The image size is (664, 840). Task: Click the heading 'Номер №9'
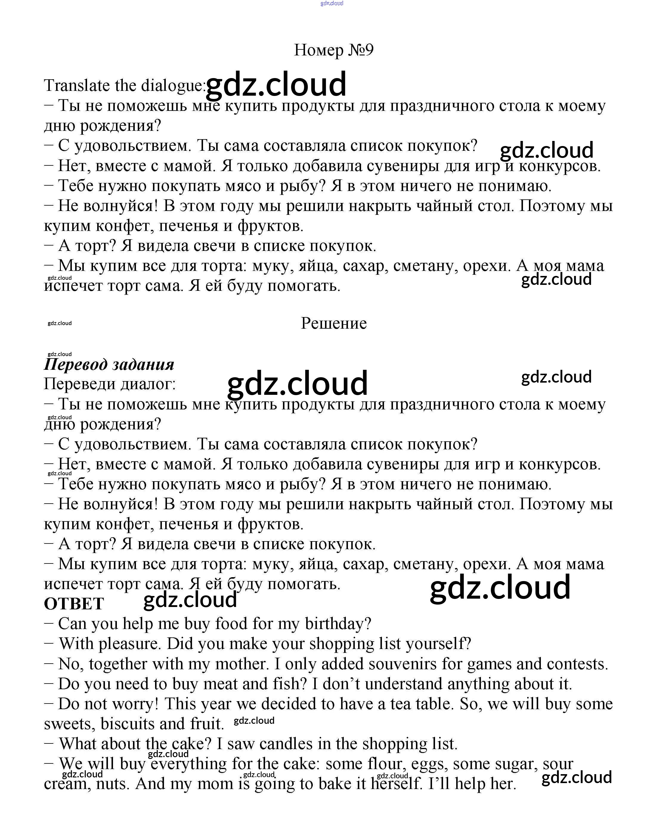pyautogui.click(x=334, y=50)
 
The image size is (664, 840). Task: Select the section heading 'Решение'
pyautogui.click(x=334, y=323)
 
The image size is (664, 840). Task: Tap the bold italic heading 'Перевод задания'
pyautogui.click(x=109, y=364)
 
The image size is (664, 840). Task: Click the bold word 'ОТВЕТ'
pyautogui.click(x=74, y=604)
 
